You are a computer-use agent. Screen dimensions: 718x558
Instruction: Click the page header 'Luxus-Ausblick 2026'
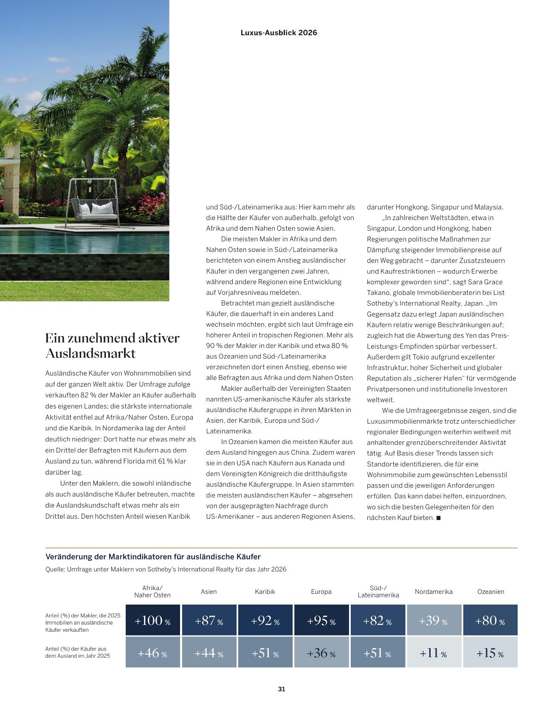279,33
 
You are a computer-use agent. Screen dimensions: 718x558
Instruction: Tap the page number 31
282,689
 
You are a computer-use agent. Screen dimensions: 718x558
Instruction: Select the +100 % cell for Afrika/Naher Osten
152,620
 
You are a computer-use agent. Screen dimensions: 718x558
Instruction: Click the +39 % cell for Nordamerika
434,620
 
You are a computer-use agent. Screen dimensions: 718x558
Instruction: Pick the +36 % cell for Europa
321,653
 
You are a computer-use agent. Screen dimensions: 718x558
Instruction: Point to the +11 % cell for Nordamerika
434,653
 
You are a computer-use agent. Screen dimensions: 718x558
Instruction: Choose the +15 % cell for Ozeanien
490,653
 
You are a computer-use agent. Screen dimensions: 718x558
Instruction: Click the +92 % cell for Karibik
265,620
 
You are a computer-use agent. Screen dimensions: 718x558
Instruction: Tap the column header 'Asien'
209,591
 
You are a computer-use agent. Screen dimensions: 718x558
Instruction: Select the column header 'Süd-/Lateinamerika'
378,591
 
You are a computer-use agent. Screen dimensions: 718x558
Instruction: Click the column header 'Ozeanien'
490,591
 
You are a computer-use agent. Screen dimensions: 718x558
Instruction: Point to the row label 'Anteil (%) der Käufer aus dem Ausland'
78,652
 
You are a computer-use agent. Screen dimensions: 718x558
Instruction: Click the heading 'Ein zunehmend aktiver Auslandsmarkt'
112,345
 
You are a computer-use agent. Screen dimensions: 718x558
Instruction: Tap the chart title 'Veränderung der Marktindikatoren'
153,557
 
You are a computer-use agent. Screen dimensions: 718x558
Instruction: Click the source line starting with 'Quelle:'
166,569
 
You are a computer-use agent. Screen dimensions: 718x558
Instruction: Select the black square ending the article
439,518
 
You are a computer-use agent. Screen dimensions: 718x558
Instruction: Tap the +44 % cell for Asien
209,653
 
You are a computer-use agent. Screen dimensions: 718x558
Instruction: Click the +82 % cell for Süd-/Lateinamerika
378,620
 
